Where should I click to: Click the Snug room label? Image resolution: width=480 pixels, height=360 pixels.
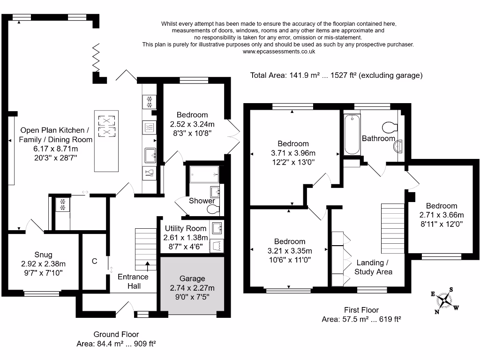(43, 255)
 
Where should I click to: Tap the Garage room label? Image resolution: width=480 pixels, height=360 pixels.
(192, 278)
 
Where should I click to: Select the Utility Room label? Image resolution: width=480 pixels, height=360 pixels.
(186, 228)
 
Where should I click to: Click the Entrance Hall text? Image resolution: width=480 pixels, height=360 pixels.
(133, 281)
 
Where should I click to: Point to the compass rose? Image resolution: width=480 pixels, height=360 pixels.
(444, 300)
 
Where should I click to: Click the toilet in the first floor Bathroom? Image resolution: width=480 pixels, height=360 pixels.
(390, 127)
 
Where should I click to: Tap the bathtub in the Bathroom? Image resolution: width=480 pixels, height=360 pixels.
(352, 135)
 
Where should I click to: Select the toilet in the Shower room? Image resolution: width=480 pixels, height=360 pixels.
(213, 210)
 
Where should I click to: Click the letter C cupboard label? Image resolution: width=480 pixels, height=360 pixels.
(95, 262)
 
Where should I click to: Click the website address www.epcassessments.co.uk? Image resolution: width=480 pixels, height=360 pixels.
(279, 52)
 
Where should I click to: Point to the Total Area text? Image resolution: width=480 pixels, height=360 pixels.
(336, 75)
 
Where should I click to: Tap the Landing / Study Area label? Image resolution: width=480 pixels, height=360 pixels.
(373, 267)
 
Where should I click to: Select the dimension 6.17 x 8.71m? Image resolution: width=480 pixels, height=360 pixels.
(55, 149)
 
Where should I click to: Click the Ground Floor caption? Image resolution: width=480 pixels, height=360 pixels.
(116, 334)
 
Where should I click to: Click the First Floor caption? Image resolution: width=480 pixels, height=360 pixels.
(361, 310)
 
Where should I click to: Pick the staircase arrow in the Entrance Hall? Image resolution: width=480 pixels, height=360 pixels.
(148, 266)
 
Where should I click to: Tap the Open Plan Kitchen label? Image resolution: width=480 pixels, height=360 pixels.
(55, 130)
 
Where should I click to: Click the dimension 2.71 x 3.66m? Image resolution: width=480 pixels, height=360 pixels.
(442, 215)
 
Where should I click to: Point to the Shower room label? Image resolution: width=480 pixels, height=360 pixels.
(202, 201)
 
